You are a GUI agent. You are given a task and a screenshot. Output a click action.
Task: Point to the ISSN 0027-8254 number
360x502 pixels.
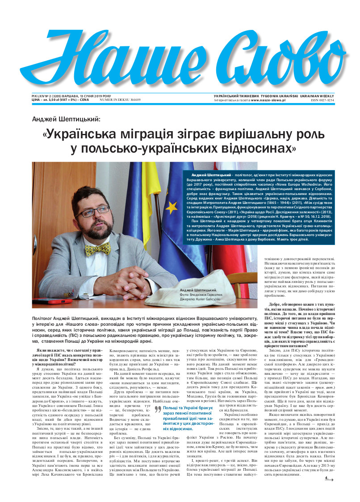click(x=322, y=100)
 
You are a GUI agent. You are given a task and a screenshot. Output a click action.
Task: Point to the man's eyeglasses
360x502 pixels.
click(x=94, y=211)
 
